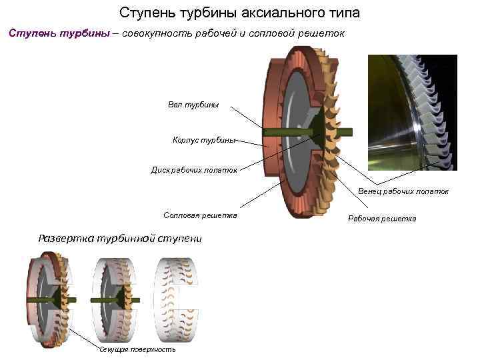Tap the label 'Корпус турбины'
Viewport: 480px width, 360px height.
[203, 140]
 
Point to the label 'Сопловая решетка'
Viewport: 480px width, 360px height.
[200, 215]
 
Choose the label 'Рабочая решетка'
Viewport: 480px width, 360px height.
[382, 219]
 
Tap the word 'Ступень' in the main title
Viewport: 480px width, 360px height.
[142, 13]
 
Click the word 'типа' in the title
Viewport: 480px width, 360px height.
[345, 13]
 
